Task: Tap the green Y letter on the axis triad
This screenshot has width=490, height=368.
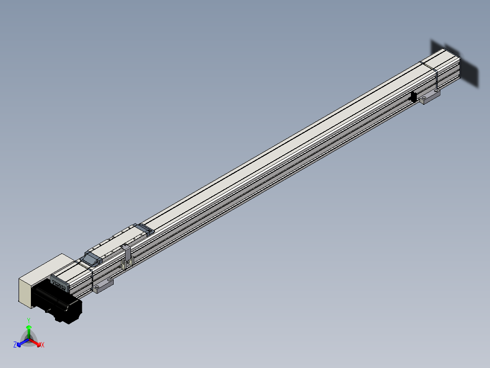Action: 29,321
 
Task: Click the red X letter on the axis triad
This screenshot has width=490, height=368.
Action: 42,345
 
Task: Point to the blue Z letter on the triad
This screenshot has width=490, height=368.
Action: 15,345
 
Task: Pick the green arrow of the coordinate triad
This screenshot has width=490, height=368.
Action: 29,331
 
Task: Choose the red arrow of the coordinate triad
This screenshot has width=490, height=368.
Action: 36,342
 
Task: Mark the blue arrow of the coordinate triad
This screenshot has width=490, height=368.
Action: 21,343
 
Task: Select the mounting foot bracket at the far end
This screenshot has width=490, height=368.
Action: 430,97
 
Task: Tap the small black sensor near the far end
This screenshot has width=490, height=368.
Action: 414,97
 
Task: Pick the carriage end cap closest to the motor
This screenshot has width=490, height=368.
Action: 92,259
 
